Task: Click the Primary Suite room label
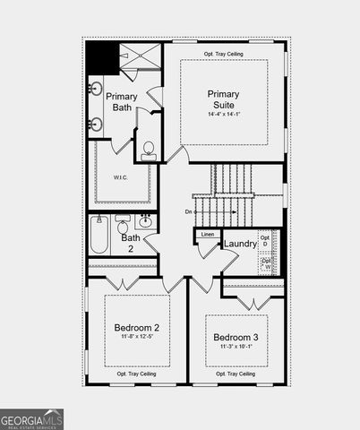[x=223, y=99]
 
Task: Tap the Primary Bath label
[x=122, y=102]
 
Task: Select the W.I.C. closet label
[x=122, y=176]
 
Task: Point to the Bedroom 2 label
[x=136, y=327]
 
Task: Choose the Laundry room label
[x=240, y=244]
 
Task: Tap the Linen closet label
[x=208, y=235]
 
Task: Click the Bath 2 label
[x=131, y=243]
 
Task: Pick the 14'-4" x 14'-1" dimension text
[x=223, y=114]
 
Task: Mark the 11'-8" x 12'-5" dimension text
[x=136, y=338]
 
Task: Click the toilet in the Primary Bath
[x=148, y=149]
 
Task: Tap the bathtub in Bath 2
[x=99, y=236]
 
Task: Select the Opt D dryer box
[x=265, y=242]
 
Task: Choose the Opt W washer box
[x=265, y=264]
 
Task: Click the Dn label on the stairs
[x=189, y=211]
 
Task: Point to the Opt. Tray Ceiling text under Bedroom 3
[x=235, y=374]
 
